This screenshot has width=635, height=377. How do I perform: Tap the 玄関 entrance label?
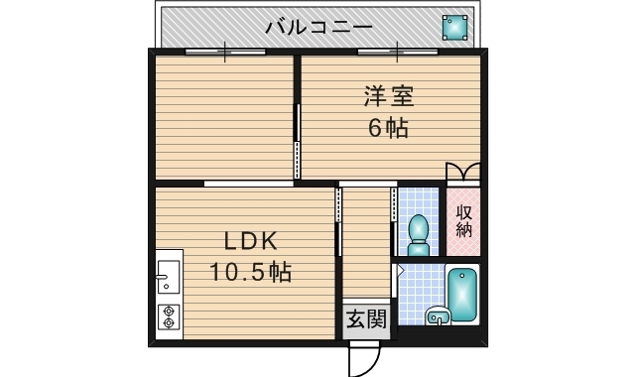tap(366, 318)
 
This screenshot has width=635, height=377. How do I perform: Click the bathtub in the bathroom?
tap(461, 295)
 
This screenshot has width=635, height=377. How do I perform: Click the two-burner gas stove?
tap(168, 316)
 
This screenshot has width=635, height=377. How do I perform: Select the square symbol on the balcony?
tap(454, 27)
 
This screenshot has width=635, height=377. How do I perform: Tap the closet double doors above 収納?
tap(463, 172)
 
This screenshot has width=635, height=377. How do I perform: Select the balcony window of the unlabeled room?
tap(225, 49)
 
